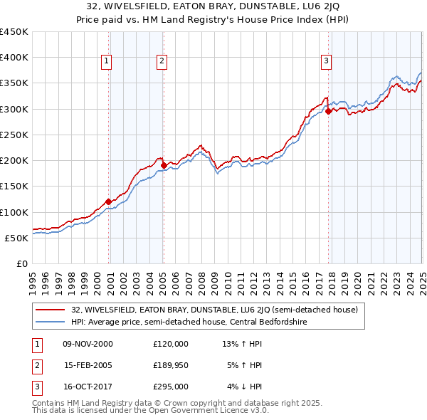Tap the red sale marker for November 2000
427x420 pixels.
pos(108,201)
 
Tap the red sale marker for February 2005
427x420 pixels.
pos(164,165)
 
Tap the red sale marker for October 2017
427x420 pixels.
pos(328,111)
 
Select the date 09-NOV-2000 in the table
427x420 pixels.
pos(88,344)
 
